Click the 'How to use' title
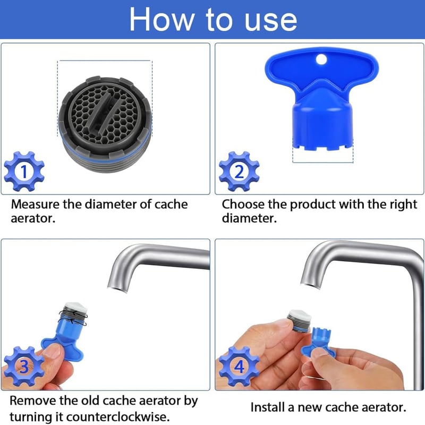213,20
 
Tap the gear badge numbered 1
24,171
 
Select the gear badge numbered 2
239,171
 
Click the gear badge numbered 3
24,366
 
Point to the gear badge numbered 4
239,366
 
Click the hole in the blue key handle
321,59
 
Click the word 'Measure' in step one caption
35,205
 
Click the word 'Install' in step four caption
268,407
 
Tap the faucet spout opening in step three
117,288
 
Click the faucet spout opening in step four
310,285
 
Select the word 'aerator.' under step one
33,218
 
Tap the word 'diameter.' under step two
249,218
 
